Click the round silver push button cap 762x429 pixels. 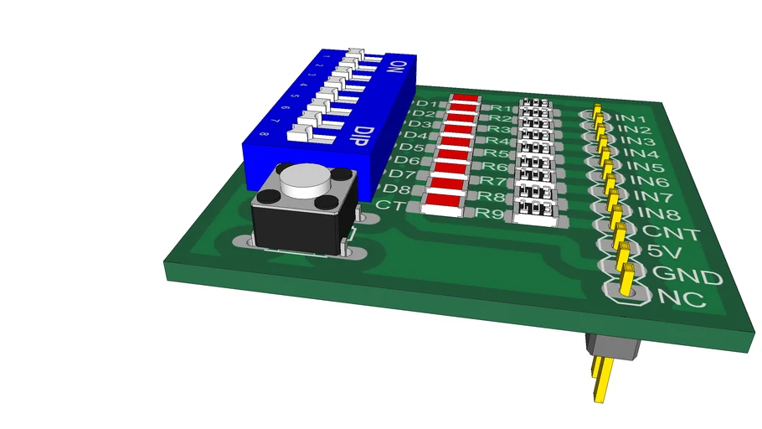[x=304, y=178]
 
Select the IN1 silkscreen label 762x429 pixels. [x=630, y=118]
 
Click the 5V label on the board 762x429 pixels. [x=667, y=252]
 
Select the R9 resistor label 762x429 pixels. [x=490, y=213]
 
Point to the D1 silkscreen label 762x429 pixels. [x=425, y=103]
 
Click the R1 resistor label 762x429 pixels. [x=500, y=108]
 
